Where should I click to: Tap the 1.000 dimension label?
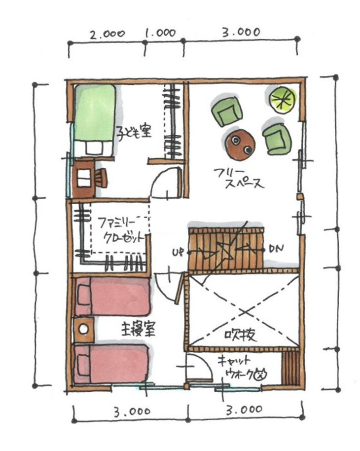pyautogui.click(x=160, y=33)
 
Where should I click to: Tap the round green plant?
pyautogui.click(x=283, y=100)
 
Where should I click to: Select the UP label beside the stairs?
pyautogui.click(x=179, y=253)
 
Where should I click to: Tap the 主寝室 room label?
pyautogui.click(x=138, y=329)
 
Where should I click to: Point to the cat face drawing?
pyautogui.click(x=261, y=374)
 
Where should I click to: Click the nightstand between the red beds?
pyautogui.click(x=84, y=329)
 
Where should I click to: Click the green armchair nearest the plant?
pyautogui.click(x=277, y=139)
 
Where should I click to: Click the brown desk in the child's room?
pyautogui.click(x=83, y=178)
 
